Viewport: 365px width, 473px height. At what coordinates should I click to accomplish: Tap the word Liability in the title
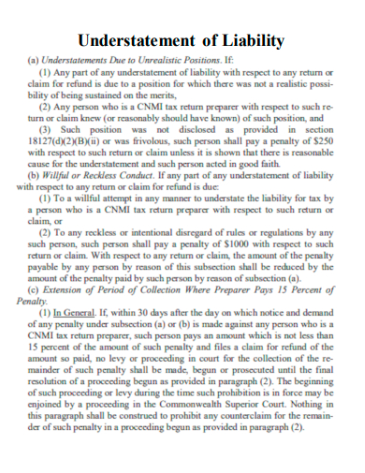click(251, 40)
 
